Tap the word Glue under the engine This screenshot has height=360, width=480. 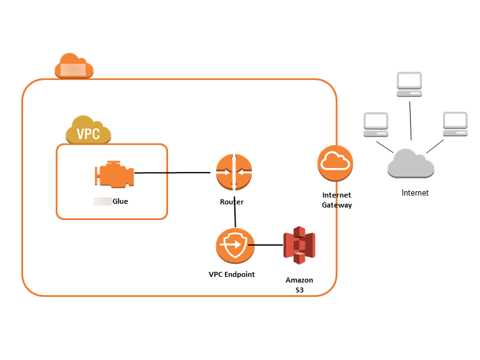tap(120, 201)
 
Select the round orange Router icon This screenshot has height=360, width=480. tap(234, 172)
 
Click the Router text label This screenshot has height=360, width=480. tap(232, 202)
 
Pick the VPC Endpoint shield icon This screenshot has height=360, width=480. tap(235, 246)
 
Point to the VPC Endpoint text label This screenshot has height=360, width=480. tap(232, 274)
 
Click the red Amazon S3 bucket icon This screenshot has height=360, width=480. tap(299, 246)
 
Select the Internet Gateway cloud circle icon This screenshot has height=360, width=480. tap(336, 162)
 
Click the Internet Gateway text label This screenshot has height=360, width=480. tap(337, 200)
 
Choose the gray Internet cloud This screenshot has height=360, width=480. tap(411, 164)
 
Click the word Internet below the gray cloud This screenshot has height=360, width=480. tap(415, 193)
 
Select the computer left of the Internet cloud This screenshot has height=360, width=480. tap(376, 125)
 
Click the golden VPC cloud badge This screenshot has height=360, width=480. tap(88, 131)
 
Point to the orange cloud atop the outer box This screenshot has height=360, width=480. tap(74, 66)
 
